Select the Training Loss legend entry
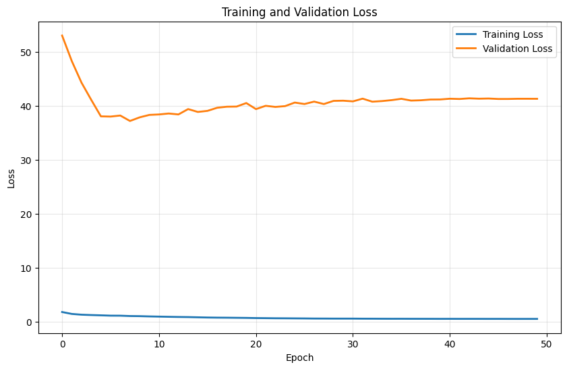(516, 34)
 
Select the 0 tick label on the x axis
(62, 342)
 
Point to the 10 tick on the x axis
(159, 342)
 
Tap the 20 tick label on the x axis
(256, 342)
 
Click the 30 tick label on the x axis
(353, 342)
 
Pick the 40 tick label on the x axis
(450, 342)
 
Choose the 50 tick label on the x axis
(547, 342)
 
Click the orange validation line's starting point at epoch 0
(62, 36)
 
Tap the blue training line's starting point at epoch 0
(62, 312)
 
